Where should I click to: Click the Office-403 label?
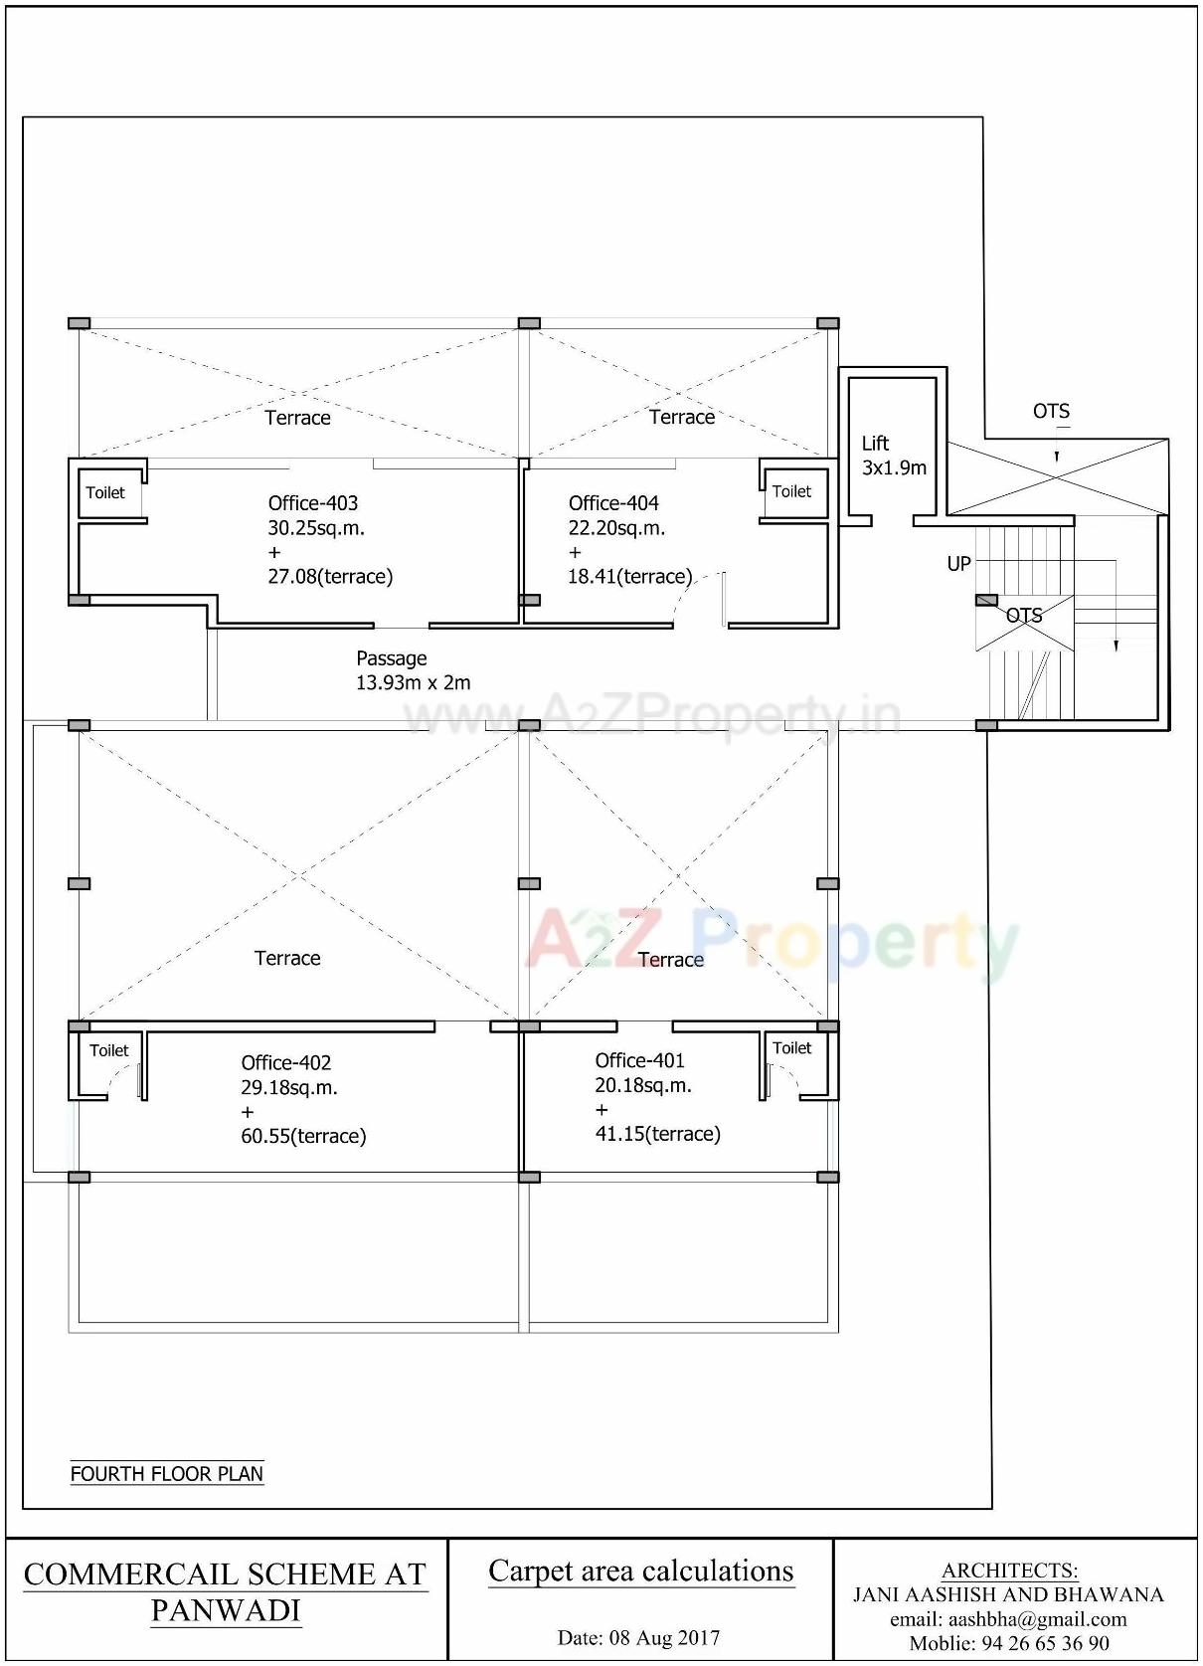click(313, 503)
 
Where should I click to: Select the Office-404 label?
click(613, 503)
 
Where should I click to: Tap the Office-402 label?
click(286, 1062)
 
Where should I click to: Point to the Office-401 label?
click(639, 1060)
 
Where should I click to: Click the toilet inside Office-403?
click(105, 492)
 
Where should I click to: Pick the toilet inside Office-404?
click(791, 491)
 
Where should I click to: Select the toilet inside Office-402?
click(108, 1050)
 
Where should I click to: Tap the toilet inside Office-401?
click(791, 1048)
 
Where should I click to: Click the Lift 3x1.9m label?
click(893, 456)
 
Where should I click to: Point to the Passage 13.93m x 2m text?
click(413, 670)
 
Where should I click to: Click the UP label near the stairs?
click(958, 564)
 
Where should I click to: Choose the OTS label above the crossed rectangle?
click(1051, 411)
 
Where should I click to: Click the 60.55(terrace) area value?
click(303, 1136)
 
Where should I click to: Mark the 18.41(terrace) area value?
click(629, 576)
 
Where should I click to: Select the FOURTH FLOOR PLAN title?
click(166, 1473)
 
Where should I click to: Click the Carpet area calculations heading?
click(640, 1571)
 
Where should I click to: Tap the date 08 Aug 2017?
click(638, 1637)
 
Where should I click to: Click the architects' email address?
click(1008, 1619)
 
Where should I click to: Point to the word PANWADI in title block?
click(226, 1610)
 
